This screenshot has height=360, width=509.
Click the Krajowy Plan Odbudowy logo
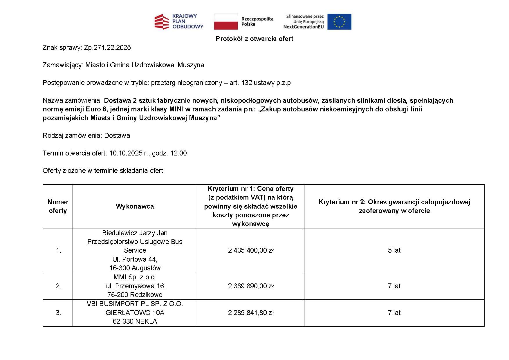pos(179,21)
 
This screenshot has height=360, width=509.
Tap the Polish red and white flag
pos(225,21)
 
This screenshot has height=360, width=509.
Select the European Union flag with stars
pos(339,21)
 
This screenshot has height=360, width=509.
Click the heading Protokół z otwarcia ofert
pos(254,39)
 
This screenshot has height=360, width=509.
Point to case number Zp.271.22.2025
pos(107,48)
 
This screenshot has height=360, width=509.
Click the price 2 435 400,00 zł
pos(251,250)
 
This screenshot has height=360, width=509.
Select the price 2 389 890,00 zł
pos(251,286)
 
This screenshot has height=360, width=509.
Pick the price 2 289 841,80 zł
pos(251,313)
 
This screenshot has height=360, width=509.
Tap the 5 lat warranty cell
pos(394,250)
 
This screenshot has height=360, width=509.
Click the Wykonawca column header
pos(135,206)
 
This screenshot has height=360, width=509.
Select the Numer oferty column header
pos(58,206)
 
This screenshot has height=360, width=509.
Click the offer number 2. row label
pos(58,286)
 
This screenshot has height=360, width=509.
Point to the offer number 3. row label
pos(58,313)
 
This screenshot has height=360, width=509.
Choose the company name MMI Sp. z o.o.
pos(135,277)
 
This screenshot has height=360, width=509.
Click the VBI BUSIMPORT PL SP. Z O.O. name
pos(135,304)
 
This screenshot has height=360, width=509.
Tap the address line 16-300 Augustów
pos(135,268)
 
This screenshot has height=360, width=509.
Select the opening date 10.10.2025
pos(126,153)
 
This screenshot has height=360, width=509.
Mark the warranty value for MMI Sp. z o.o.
pos(394,286)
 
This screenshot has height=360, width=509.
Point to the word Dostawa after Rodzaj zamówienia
pos(117,135)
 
